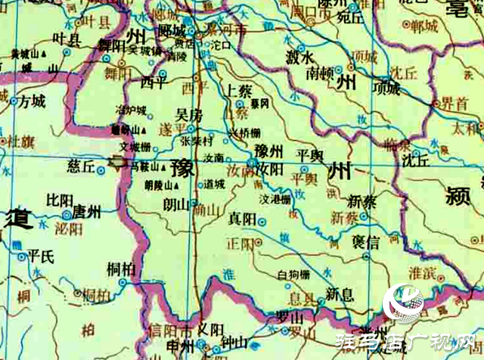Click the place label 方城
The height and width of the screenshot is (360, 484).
tap(33, 100)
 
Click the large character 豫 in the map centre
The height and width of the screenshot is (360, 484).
tap(182, 168)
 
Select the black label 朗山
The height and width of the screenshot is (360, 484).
tap(177, 204)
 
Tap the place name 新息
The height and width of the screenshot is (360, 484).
tap(339, 293)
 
